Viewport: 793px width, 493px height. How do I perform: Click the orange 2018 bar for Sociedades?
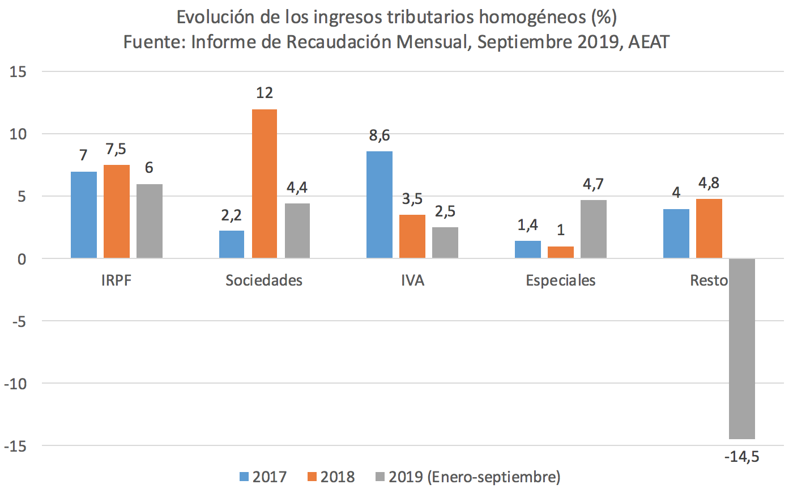click(265, 184)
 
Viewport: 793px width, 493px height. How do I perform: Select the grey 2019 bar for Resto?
click(741, 348)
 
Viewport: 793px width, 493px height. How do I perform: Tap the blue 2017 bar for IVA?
click(379, 205)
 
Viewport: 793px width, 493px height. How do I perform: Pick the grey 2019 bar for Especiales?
click(593, 229)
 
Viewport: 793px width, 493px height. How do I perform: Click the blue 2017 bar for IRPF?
click(83, 215)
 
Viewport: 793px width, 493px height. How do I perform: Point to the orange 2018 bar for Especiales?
click(560, 252)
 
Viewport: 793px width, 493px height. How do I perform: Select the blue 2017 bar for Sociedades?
click(232, 244)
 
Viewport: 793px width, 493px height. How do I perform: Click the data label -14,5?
click(741, 456)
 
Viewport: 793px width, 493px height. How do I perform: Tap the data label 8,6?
click(379, 136)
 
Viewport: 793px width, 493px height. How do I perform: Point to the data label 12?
click(265, 93)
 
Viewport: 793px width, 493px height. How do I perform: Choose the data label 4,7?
click(593, 184)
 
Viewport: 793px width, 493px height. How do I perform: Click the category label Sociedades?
click(264, 280)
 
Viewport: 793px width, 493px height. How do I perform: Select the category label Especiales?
click(561, 280)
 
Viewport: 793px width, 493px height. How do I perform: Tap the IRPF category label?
click(116, 280)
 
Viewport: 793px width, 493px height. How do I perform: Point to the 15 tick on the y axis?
click(18, 72)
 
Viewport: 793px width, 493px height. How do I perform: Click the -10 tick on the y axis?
click(15, 384)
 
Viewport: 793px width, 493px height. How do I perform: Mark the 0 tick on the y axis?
click(22, 259)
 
